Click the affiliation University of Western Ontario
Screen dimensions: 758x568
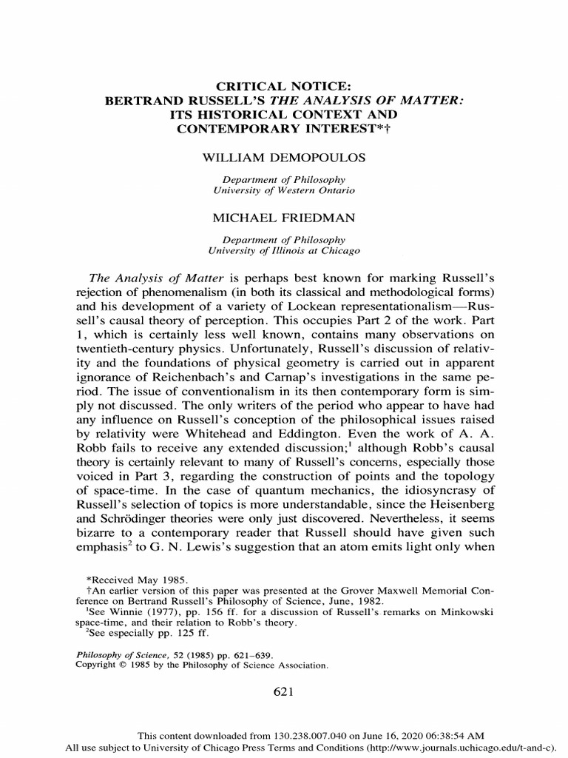pos(283,190)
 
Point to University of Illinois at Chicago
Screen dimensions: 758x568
pos(283,251)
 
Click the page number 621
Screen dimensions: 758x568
pos(284,691)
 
